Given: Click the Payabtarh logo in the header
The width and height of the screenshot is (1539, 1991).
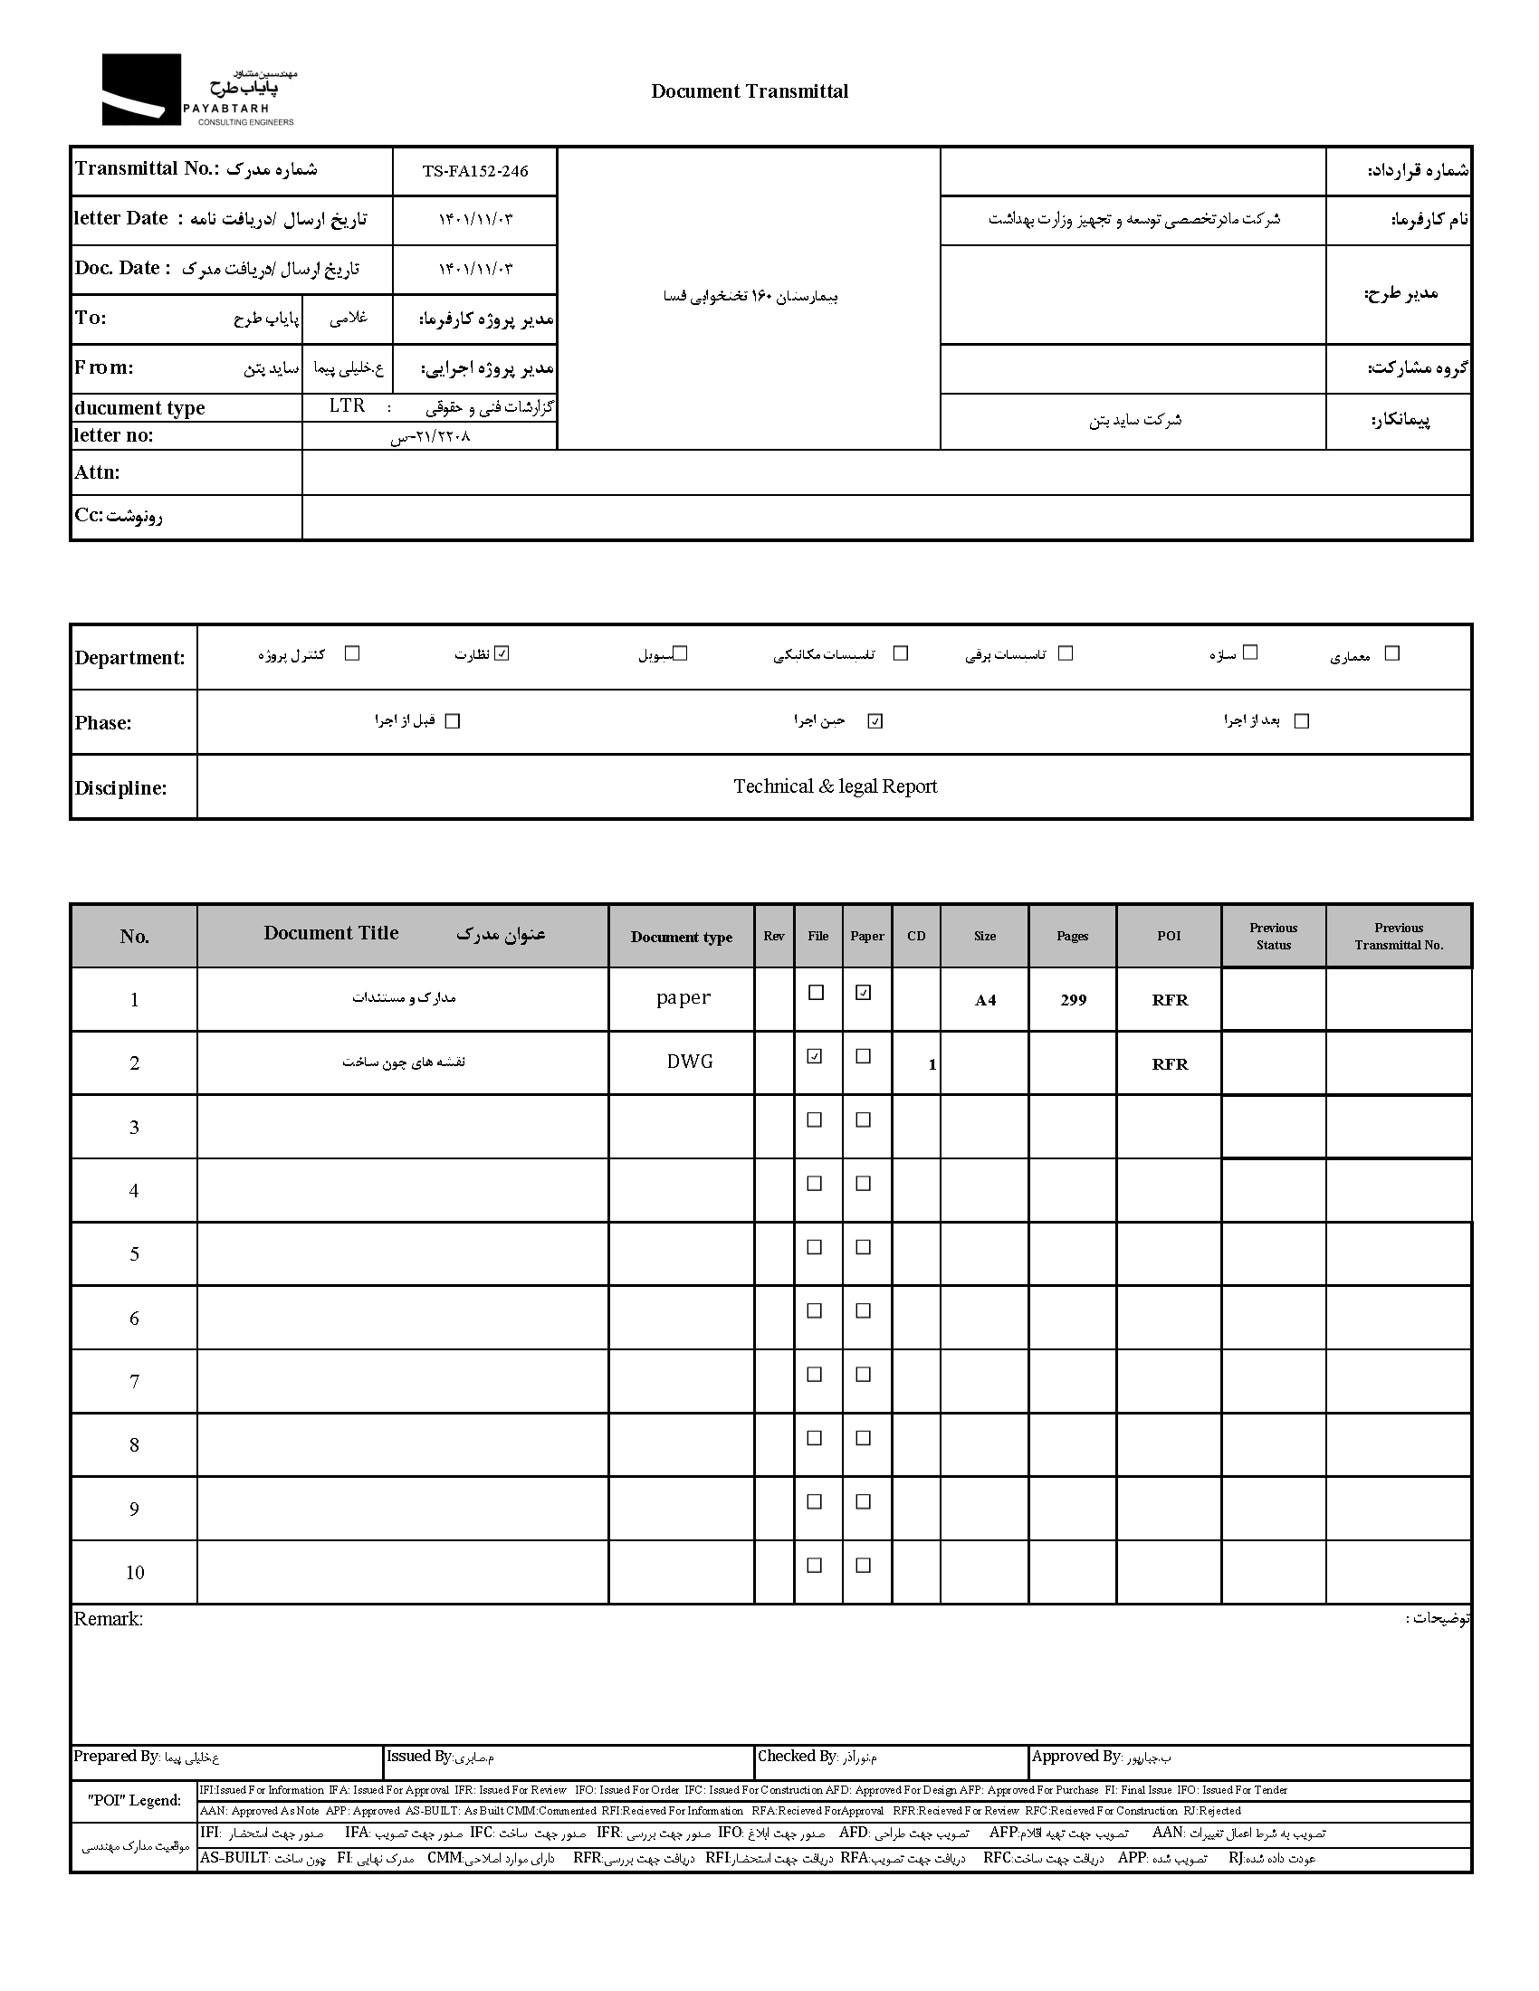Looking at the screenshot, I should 198,90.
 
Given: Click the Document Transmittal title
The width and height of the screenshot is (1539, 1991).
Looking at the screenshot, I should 750,91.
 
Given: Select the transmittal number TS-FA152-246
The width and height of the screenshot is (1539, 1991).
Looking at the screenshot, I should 475,171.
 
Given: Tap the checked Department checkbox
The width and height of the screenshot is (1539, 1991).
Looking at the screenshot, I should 502,653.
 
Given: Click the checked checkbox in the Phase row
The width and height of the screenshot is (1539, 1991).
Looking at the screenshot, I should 875,721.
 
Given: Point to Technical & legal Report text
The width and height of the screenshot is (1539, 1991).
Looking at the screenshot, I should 836,786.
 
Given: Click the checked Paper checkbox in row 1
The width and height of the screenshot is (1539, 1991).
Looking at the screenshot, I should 864,993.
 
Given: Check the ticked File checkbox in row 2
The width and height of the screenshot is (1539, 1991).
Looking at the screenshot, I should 815,1056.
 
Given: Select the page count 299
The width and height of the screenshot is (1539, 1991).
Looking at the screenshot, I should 1073,1000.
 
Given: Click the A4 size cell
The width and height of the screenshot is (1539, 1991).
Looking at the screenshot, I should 985,1000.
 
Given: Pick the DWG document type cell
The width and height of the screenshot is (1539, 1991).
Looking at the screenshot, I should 689,1062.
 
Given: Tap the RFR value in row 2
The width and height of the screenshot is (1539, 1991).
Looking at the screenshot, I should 1170,1064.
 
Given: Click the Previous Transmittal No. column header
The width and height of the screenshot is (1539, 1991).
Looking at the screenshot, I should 1399,937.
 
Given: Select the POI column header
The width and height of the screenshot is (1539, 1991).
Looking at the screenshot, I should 1169,937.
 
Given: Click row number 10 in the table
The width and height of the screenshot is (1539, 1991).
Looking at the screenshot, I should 135,1573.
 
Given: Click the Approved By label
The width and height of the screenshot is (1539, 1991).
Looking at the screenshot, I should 1076,1757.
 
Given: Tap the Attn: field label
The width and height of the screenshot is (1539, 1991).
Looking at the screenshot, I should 98,472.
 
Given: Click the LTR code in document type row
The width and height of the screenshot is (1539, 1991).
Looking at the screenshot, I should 348,406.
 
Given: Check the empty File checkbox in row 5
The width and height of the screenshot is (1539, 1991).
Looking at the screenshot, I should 815,1247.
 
